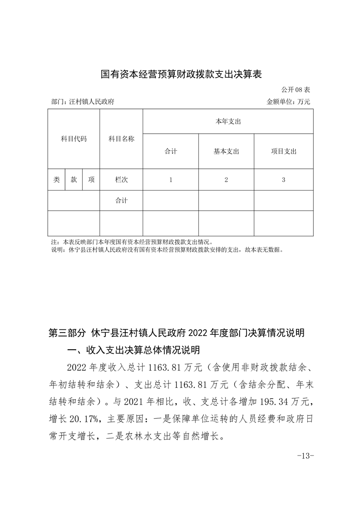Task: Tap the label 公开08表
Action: pyautogui.click(x=296, y=90)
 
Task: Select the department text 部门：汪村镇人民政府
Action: pyautogui.click(x=83, y=102)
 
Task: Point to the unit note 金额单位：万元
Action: pyautogui.click(x=288, y=102)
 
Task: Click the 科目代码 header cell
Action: pyautogui.click(x=74, y=139)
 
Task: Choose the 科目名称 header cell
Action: pyautogui.click(x=121, y=139)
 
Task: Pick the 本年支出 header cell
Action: pyautogui.click(x=228, y=122)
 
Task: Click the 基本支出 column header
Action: pyautogui.click(x=226, y=152)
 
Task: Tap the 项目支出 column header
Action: pyautogui.click(x=283, y=152)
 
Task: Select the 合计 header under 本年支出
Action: pyautogui.click(x=171, y=152)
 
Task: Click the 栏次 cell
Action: pyautogui.click(x=121, y=180)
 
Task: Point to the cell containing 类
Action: pyautogui.click(x=56, y=180)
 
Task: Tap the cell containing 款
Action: pyautogui.click(x=74, y=180)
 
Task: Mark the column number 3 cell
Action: pyautogui.click(x=283, y=180)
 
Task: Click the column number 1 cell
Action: pyautogui.click(x=171, y=180)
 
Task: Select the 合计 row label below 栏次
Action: pyautogui.click(x=121, y=201)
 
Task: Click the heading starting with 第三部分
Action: pyautogui.click(x=176, y=333)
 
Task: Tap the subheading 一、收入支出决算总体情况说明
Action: pyautogui.click(x=133, y=350)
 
